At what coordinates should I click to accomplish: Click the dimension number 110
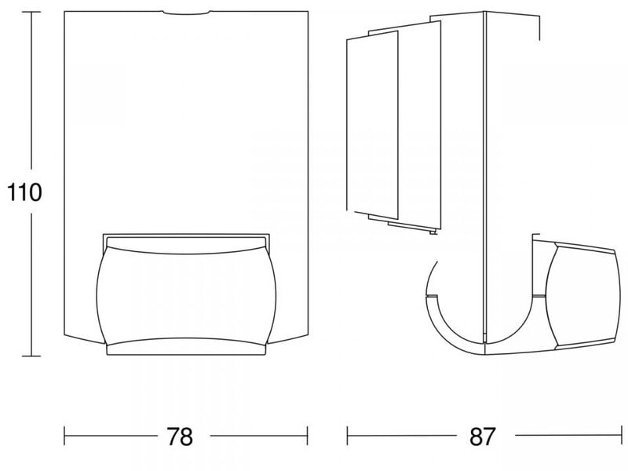[x=24, y=192]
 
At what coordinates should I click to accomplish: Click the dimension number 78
[x=180, y=436]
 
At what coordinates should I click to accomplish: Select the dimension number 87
[x=483, y=436]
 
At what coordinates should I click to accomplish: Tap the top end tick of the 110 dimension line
[x=31, y=12]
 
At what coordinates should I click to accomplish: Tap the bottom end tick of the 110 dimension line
[x=31, y=356]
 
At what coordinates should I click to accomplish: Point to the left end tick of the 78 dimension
[x=64, y=436]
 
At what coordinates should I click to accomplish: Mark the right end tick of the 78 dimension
[x=307, y=436]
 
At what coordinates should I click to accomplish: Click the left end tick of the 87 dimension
[x=347, y=436]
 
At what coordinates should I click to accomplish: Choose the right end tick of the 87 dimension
[x=620, y=436]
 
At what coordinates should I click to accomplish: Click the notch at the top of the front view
[x=186, y=13]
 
